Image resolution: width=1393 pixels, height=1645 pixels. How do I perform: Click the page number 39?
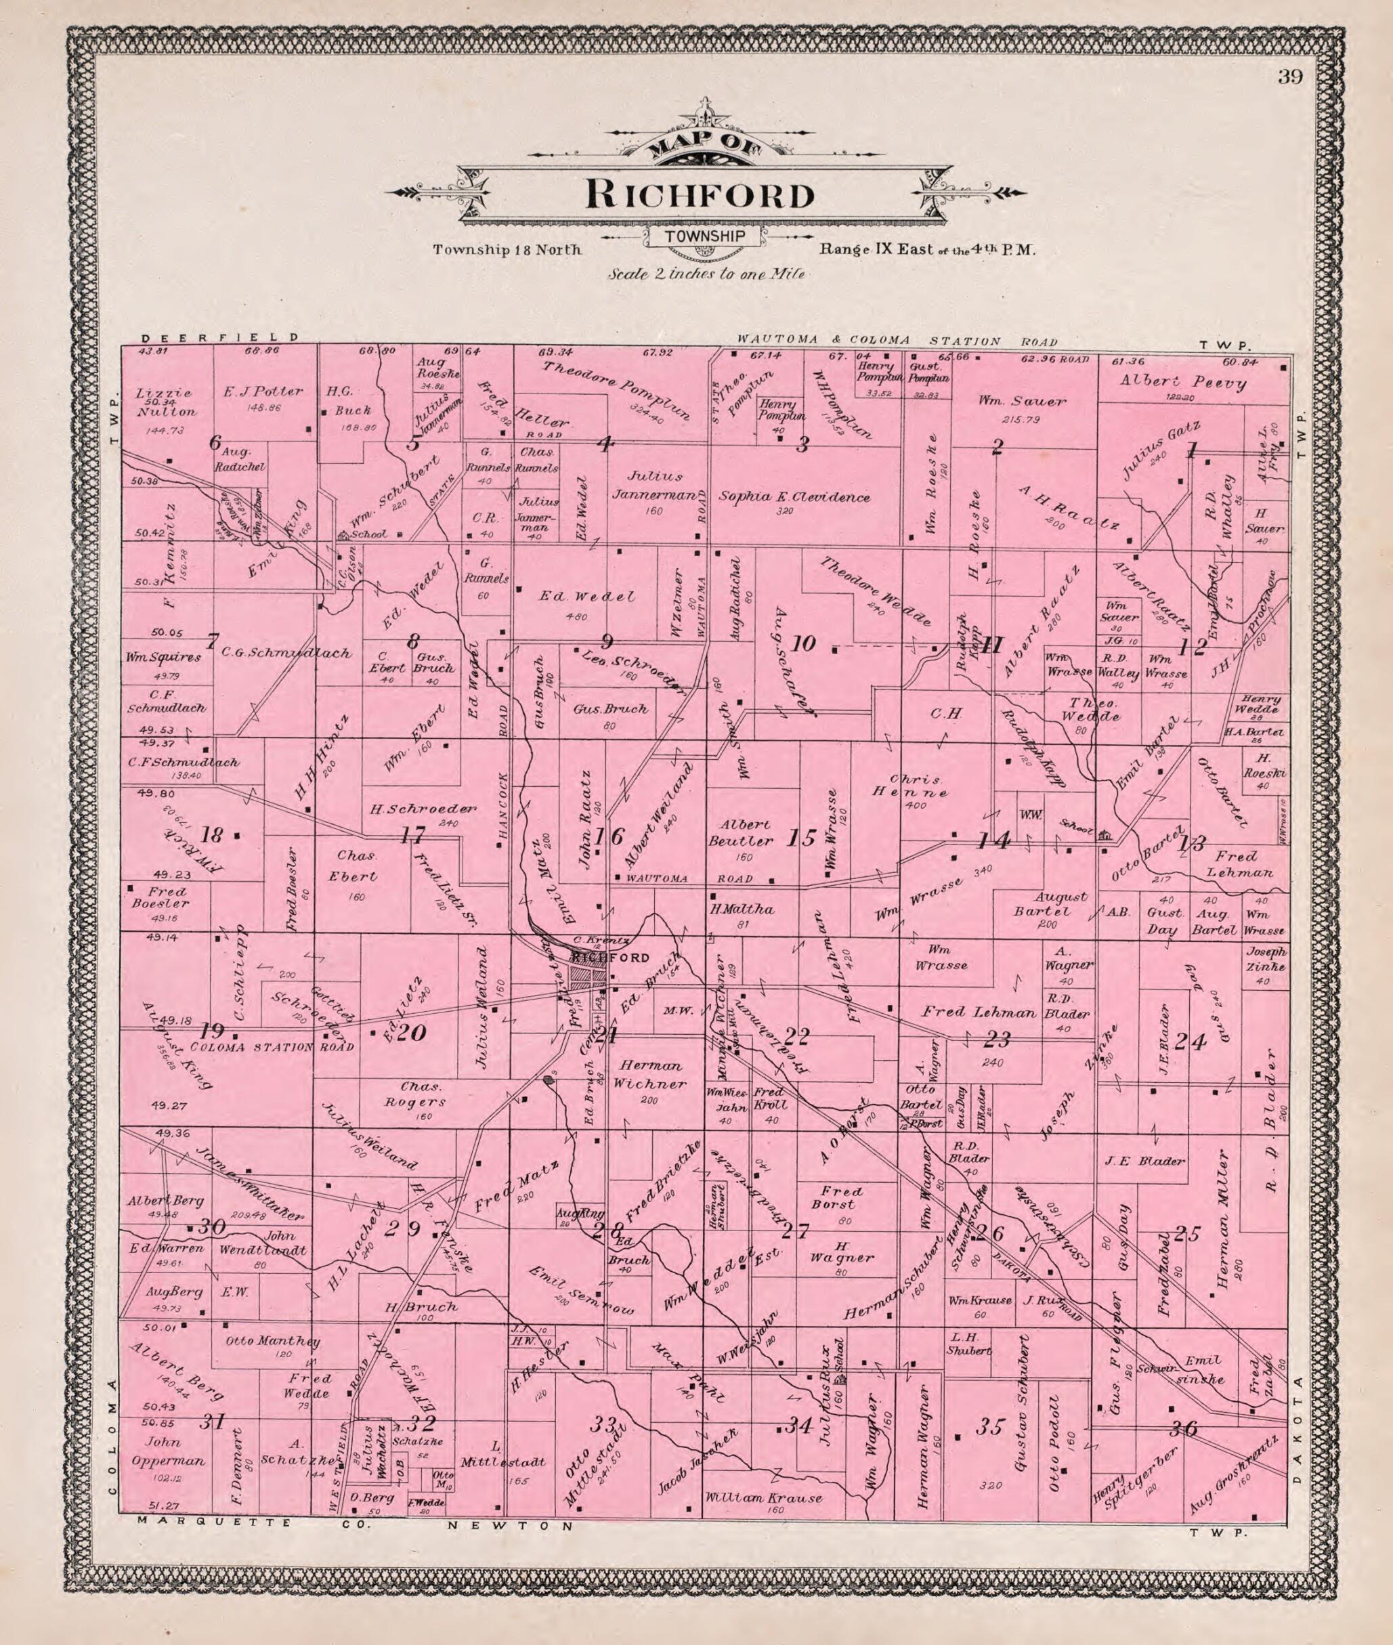1292,77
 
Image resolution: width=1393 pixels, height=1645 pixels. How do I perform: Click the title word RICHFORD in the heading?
699,196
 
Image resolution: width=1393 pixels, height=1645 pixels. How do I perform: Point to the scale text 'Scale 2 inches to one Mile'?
706,274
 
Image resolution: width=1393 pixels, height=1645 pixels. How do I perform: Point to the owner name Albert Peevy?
1183,383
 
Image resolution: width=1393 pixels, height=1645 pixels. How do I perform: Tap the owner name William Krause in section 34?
764,1497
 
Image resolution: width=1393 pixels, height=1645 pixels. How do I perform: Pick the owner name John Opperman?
169,1451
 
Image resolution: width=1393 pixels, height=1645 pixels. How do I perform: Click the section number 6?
214,443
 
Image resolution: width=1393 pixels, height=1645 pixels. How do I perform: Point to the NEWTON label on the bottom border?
510,1526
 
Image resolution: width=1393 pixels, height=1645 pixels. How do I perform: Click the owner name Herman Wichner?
650,1076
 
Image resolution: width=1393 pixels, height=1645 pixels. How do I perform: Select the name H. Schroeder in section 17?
423,809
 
